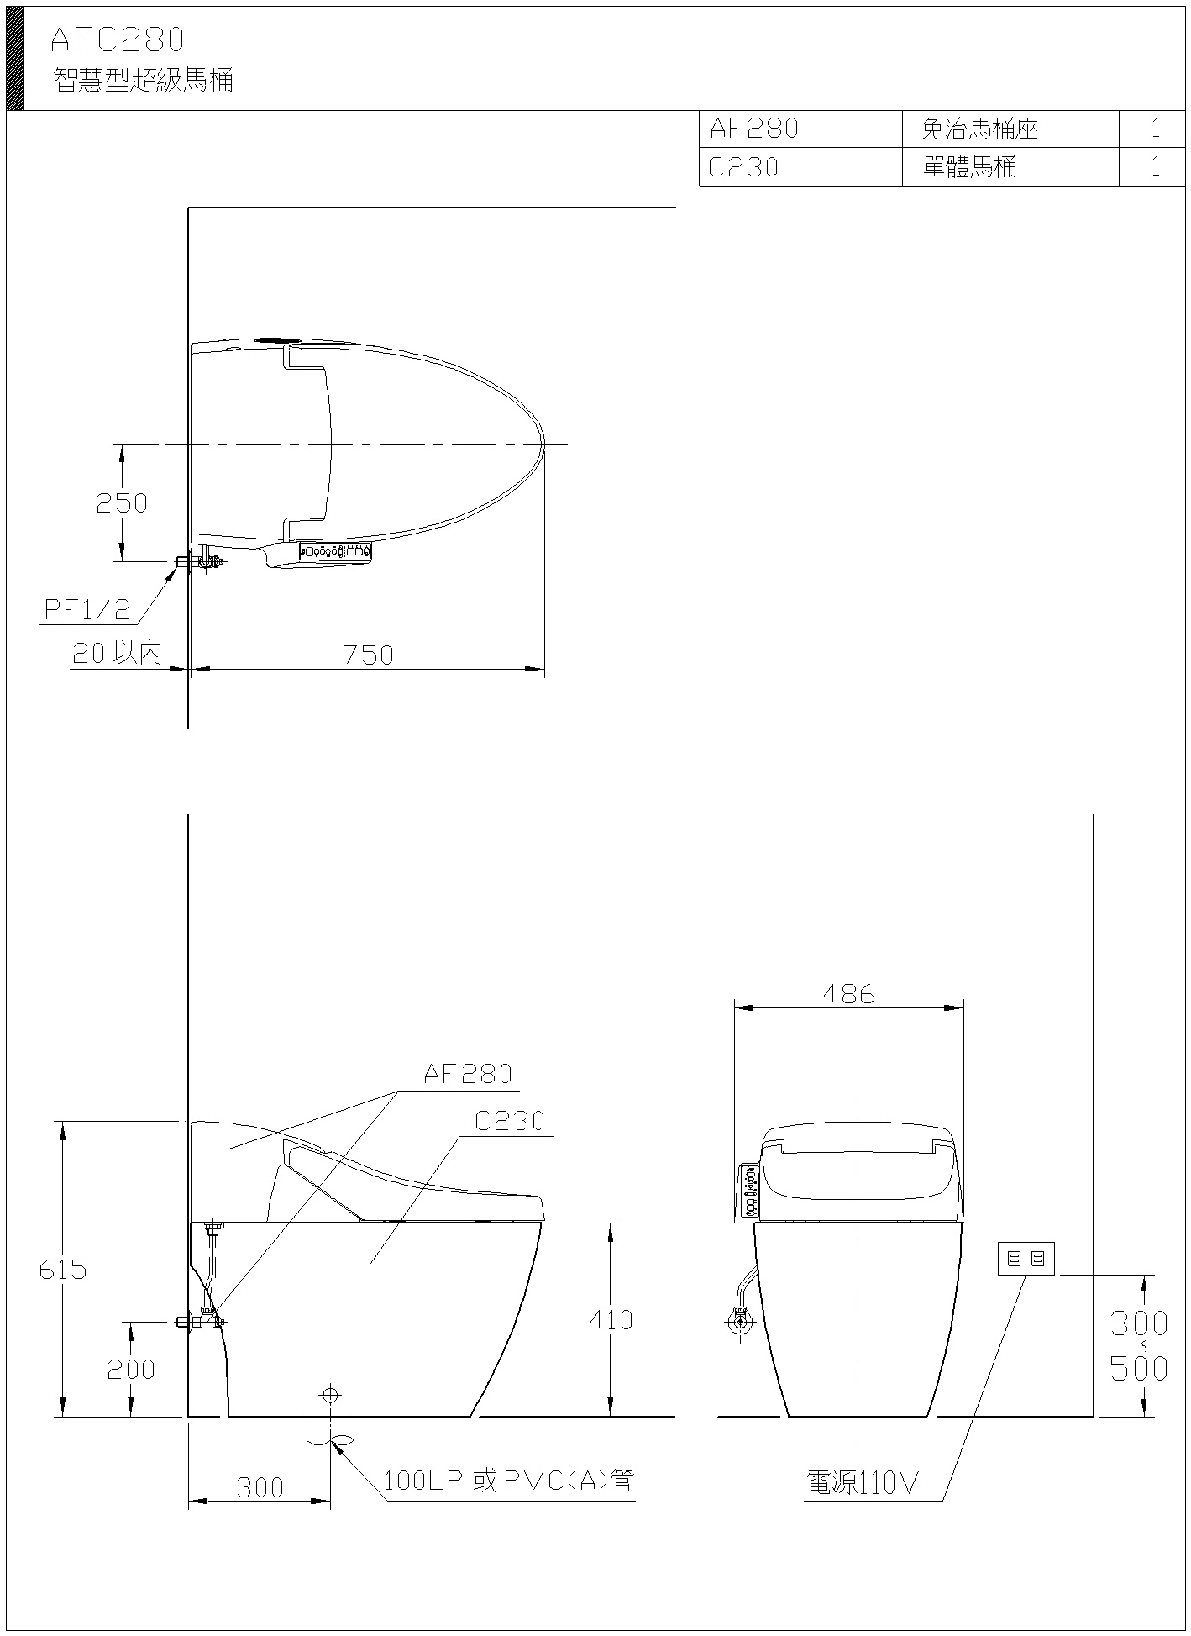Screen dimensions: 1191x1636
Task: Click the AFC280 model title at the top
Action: coord(117,39)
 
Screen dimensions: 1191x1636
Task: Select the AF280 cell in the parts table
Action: coord(753,129)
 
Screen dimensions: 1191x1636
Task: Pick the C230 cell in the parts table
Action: coord(743,167)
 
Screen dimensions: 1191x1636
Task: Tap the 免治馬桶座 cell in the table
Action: coord(979,129)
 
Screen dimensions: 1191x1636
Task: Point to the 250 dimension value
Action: coord(122,502)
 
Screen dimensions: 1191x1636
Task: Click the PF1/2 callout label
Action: coord(87,609)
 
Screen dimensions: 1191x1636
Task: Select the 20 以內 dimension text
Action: coord(117,653)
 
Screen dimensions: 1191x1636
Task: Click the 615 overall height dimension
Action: coord(63,1269)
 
